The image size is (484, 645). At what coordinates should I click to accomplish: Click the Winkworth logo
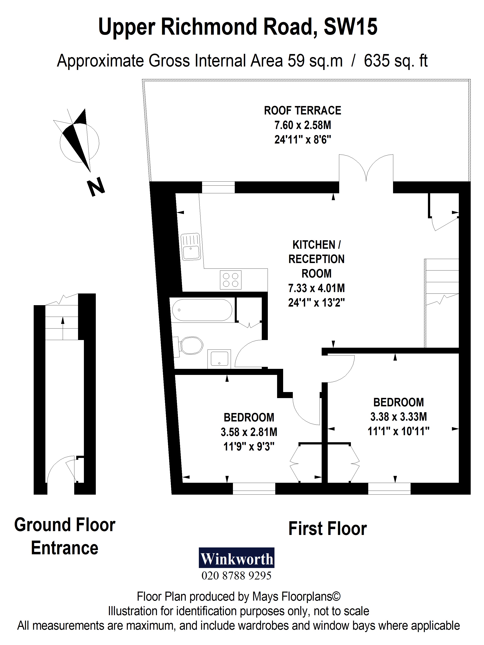pos(236,558)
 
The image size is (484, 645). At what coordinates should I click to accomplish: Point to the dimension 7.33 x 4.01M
pos(316,288)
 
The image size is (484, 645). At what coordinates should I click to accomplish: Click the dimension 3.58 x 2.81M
pos(249,432)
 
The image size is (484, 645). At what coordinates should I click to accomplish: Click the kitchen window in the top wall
pos(218,187)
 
